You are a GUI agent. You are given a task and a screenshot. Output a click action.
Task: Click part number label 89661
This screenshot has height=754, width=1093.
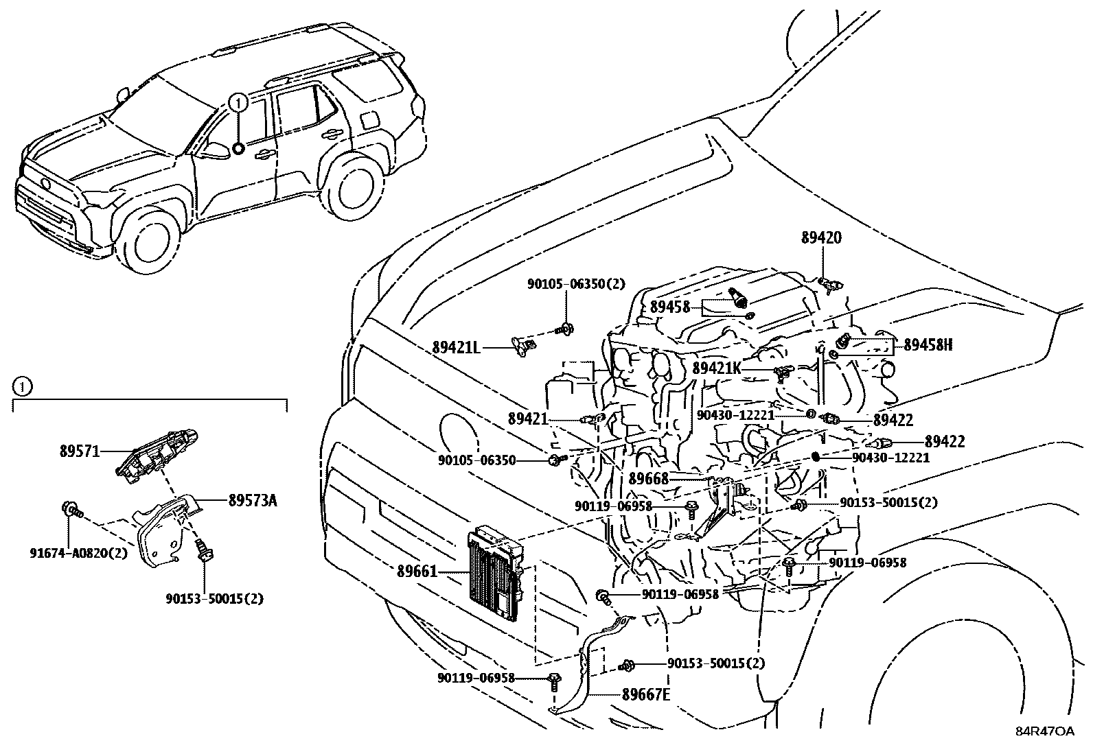[x=416, y=570]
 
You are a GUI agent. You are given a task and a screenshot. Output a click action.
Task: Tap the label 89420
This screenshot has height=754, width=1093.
[x=820, y=238]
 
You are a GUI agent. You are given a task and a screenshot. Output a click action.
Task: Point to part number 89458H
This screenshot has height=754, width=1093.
[x=928, y=345]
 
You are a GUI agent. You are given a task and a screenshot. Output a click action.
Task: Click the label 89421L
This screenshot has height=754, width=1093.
[x=456, y=348]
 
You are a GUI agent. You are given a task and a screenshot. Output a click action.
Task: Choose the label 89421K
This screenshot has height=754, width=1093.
[x=716, y=368]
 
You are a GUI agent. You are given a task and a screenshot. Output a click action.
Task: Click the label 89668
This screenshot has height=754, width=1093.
[x=648, y=478]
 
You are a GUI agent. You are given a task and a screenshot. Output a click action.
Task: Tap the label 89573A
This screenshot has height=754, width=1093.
[x=252, y=500]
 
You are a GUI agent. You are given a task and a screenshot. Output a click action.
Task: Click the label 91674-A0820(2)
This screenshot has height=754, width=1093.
[x=78, y=552]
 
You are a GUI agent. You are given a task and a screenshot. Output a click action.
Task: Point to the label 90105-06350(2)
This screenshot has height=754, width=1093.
[x=566, y=283]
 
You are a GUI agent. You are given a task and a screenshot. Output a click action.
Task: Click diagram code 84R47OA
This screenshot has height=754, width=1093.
[x=1045, y=732]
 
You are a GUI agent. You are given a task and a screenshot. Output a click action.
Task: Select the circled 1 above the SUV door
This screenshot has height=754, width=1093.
[x=237, y=103]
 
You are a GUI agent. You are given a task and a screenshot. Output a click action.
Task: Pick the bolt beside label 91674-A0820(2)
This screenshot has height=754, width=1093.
[x=71, y=509]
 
